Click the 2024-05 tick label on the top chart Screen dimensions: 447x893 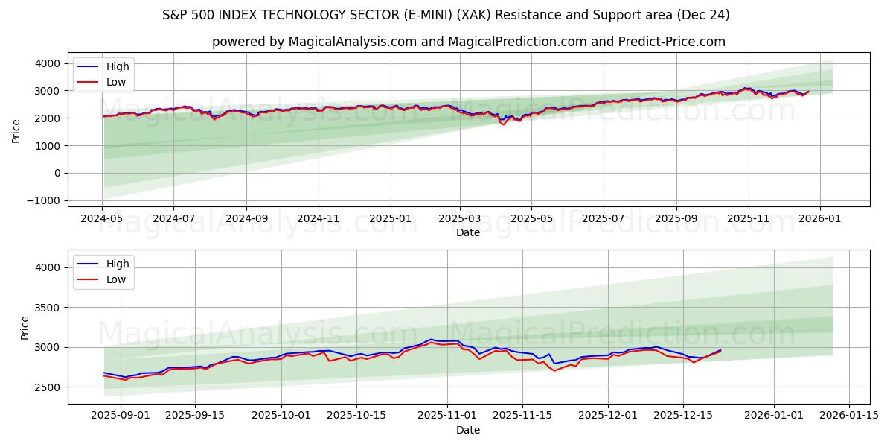click(102, 219)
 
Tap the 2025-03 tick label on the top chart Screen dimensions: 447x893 click(459, 219)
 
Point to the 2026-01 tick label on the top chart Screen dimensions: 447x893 click(819, 219)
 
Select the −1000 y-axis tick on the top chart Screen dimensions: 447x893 click(45, 200)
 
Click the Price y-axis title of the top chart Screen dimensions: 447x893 click(16, 130)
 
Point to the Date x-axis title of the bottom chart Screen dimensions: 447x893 click(468, 430)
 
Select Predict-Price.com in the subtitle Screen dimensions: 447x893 click(671, 42)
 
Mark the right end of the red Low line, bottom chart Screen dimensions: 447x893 click(720, 351)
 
